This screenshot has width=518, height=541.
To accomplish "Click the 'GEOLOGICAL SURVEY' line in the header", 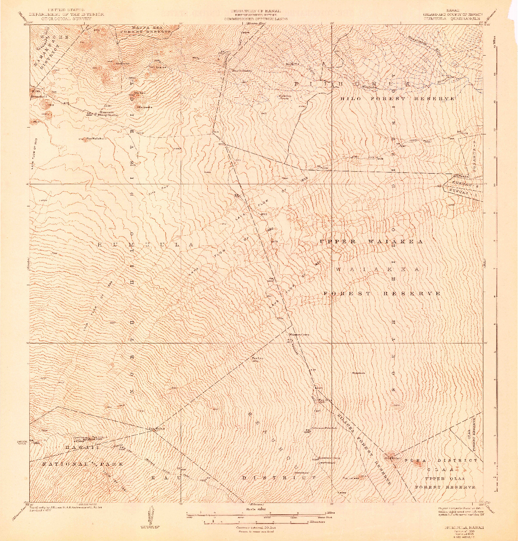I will click(x=67, y=18).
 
